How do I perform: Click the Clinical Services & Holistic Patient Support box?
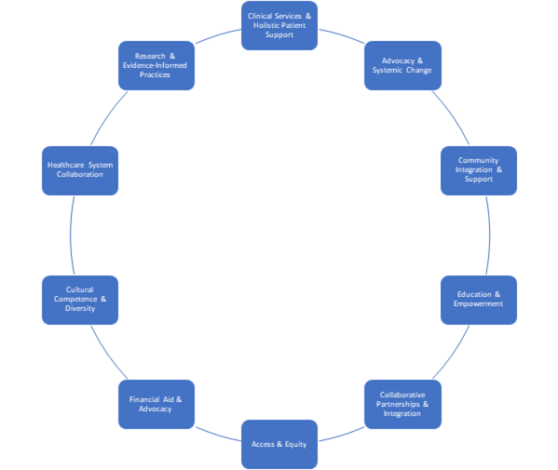[x=279, y=25]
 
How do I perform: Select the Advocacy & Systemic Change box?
[x=402, y=65]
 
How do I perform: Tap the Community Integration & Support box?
[x=479, y=170]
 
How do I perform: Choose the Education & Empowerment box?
[x=479, y=300]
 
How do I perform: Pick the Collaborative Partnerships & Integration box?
[x=402, y=404]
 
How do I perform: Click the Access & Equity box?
[x=279, y=444]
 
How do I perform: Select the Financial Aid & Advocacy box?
[x=157, y=404]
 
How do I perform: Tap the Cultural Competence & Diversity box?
[x=80, y=300]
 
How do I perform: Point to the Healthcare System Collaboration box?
[x=80, y=170]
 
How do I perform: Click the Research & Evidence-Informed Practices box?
[x=157, y=65]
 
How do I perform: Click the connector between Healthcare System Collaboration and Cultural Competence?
[x=70, y=235]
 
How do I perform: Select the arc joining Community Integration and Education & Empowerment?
[x=489, y=235]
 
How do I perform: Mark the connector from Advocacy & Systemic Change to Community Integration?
[x=453, y=115]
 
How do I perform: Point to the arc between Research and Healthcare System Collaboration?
[x=107, y=115]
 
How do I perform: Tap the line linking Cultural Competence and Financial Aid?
[x=107, y=354]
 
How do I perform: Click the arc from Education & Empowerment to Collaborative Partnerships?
[x=453, y=354]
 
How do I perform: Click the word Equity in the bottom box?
[x=295, y=444]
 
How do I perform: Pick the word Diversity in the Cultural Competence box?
[x=80, y=309]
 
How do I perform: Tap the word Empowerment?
[x=478, y=304]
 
